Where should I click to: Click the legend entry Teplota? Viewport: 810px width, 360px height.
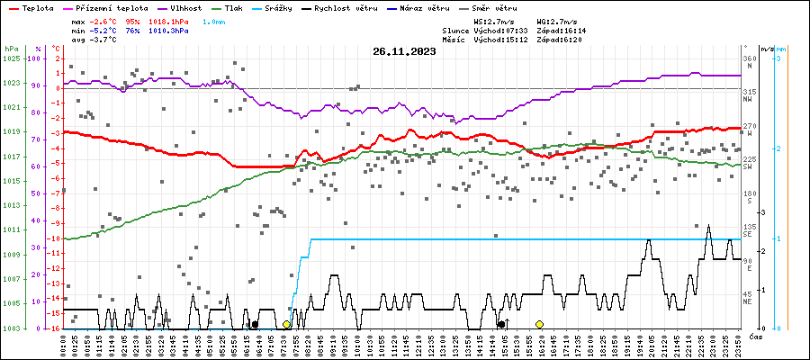click(37, 7)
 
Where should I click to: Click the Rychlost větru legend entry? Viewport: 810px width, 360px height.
click(355, 7)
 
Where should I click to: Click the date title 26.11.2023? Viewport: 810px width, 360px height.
click(404, 51)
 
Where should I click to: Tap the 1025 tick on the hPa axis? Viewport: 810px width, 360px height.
click(12, 58)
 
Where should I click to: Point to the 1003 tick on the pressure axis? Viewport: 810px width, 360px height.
click(12, 328)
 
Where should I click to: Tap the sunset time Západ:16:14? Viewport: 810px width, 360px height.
click(560, 30)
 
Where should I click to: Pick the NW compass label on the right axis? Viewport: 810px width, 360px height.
click(749, 99)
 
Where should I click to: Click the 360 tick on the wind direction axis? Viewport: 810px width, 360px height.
click(749, 58)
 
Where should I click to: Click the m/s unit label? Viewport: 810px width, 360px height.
click(765, 48)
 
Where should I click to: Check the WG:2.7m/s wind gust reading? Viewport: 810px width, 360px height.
click(558, 20)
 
